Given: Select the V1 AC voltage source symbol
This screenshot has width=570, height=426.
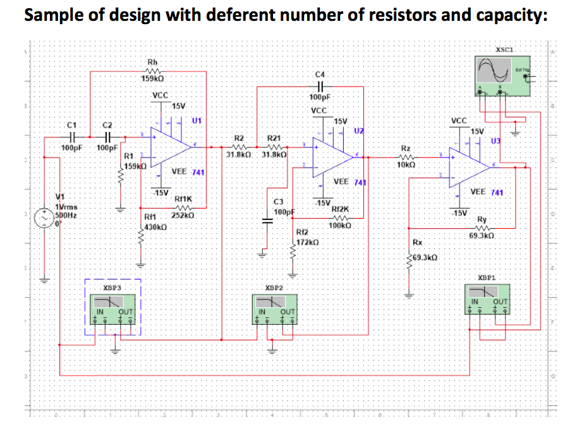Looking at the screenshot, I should [44, 219].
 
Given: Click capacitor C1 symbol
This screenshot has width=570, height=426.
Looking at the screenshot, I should [72, 137].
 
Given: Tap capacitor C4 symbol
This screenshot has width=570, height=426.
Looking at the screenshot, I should [320, 85].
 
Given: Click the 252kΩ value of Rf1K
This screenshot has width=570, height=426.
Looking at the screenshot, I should [185, 217].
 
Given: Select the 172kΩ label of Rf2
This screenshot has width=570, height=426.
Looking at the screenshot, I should [306, 243].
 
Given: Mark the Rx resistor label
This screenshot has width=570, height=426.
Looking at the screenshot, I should [417, 243].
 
